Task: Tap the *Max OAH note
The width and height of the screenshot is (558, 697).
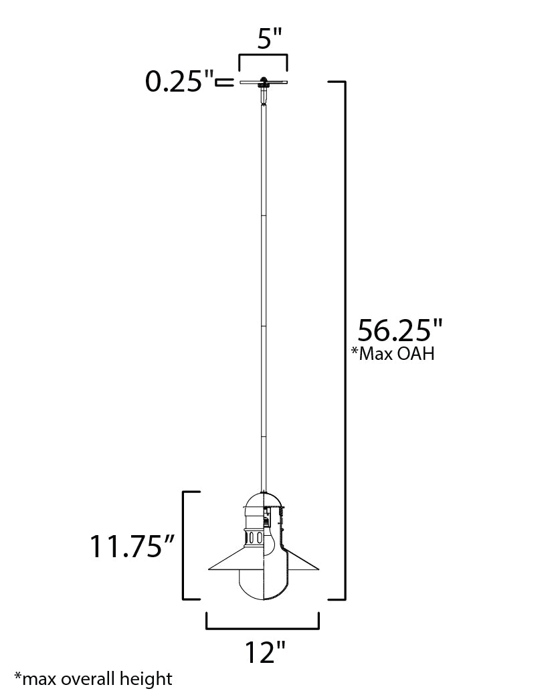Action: click(393, 354)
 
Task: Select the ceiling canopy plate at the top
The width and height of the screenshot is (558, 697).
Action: click(264, 83)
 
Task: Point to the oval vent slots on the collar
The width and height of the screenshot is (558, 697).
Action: click(254, 537)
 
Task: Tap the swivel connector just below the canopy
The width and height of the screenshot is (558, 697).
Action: click(264, 98)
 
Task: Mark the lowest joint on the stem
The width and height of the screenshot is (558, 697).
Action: click(264, 436)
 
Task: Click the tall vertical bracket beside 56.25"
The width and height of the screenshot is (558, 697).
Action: click(343, 339)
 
